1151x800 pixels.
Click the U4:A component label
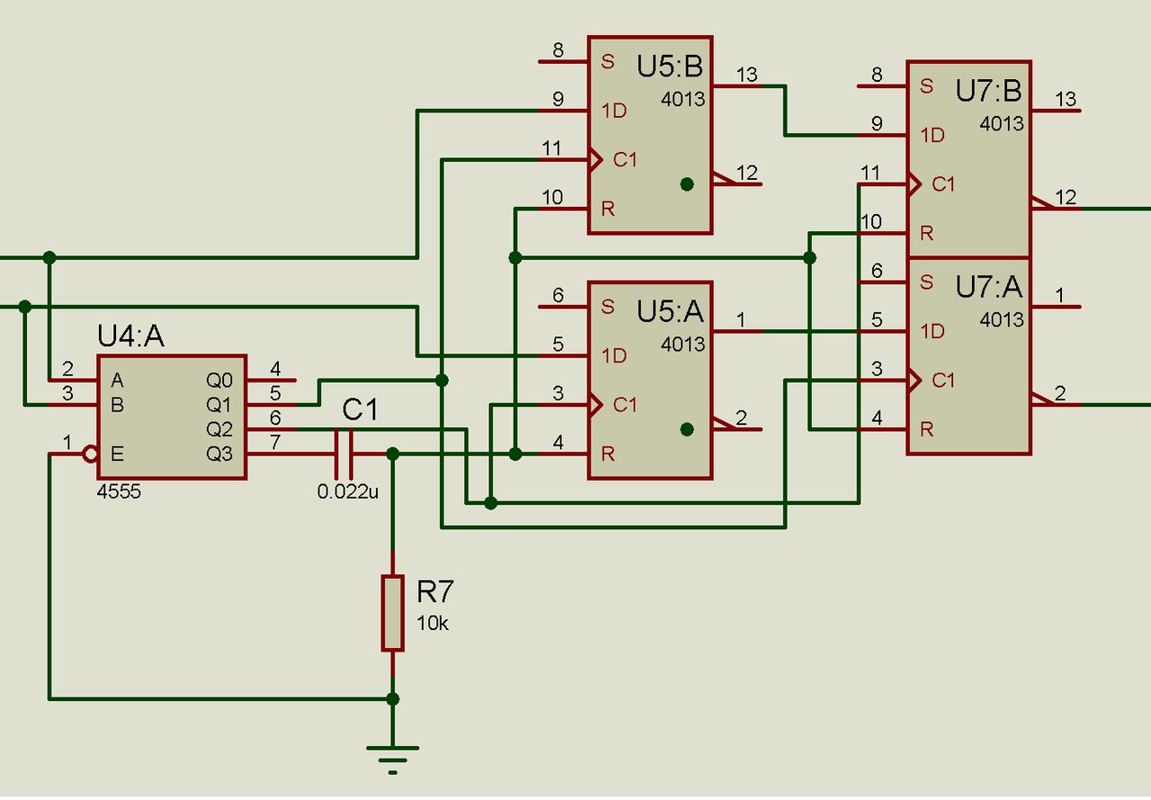click(130, 336)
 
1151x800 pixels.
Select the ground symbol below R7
click(393, 760)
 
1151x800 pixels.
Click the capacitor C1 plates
click(344, 454)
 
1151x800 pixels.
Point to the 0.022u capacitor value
click(348, 492)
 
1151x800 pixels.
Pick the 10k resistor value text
click(433, 623)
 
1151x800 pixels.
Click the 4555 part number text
click(119, 492)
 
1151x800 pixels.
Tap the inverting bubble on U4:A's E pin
click(91, 454)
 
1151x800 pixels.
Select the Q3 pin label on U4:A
click(219, 454)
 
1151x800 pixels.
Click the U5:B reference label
click(670, 67)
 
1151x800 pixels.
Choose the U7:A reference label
click(988, 287)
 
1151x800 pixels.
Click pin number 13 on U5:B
click(747, 75)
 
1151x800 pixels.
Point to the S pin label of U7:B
click(926, 86)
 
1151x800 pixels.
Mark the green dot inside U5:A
click(687, 430)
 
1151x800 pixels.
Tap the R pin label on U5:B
click(608, 209)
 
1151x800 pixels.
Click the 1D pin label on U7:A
click(932, 331)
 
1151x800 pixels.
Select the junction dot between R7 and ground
click(393, 698)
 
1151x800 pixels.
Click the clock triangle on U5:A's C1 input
click(595, 405)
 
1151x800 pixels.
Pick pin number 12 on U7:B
click(1066, 197)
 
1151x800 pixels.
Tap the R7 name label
click(434, 591)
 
